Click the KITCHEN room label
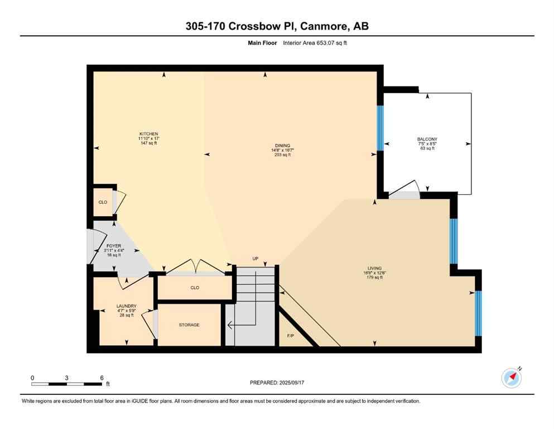click(149, 134)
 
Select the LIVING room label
click(374, 269)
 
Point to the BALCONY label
click(427, 139)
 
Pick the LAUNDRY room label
click(126, 306)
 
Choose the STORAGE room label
click(189, 325)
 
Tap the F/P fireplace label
click(290, 336)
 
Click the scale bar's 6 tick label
click(102, 378)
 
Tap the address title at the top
click(277, 26)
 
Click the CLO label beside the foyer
click(103, 202)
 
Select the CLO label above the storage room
click(195, 288)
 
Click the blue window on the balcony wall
click(380, 128)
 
